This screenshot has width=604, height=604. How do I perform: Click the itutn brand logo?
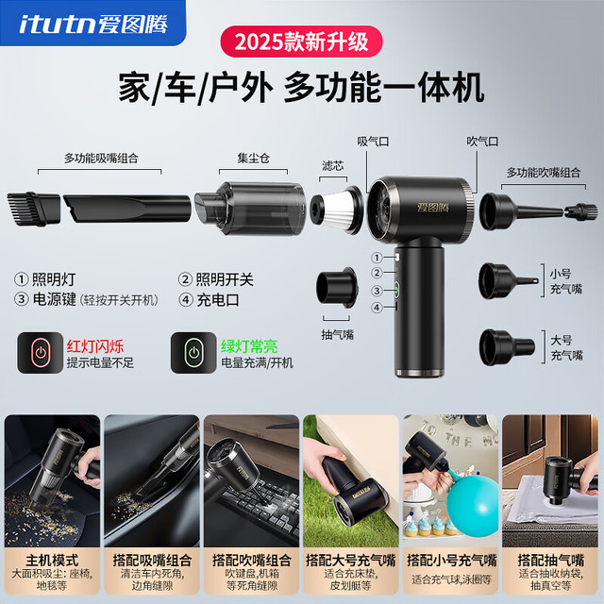(92, 24)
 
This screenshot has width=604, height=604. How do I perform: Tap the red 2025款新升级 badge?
(301, 42)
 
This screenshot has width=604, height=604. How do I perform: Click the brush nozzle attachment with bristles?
(34, 209)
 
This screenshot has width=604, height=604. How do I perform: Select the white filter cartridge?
(337, 210)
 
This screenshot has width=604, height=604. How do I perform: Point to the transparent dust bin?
(249, 209)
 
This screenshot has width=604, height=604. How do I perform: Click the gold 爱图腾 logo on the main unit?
(433, 208)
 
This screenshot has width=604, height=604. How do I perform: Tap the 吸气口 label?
(373, 142)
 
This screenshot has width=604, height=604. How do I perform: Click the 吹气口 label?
(482, 142)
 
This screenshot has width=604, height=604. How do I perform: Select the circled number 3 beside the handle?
(377, 290)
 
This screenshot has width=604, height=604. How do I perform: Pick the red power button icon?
(40, 352)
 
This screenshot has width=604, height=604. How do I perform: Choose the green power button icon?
(193, 352)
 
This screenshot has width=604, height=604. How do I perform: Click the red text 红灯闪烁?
(95, 346)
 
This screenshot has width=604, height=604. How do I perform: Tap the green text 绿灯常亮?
(249, 346)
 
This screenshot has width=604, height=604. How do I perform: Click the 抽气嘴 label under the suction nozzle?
(338, 334)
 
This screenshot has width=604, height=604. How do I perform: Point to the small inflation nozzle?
(508, 281)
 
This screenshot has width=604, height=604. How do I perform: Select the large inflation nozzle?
(507, 347)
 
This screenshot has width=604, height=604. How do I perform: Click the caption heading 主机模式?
(52, 560)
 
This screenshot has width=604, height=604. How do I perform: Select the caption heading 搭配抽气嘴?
(551, 560)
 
